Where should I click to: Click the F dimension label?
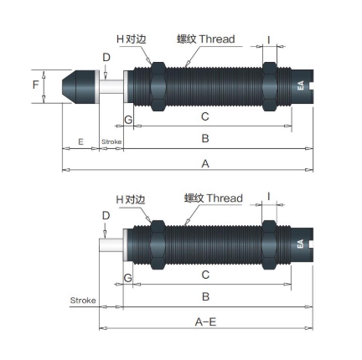(x=35, y=85)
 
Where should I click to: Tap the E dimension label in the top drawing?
(x=80, y=141)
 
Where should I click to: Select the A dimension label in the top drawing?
(x=205, y=163)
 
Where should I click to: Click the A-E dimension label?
(x=205, y=322)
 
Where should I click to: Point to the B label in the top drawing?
(x=205, y=138)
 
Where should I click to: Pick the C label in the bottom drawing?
(x=205, y=275)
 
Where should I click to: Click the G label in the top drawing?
(x=128, y=120)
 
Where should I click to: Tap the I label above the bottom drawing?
(x=269, y=197)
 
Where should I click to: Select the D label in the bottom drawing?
(x=106, y=215)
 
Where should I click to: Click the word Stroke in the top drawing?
(x=111, y=141)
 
